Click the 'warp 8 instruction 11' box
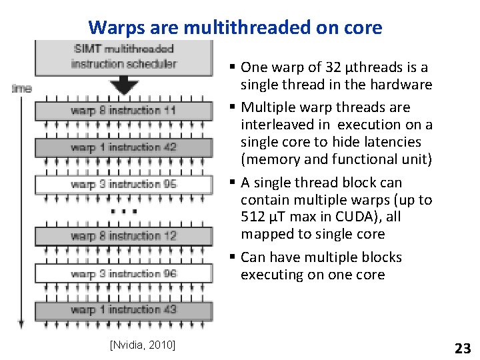point(123,110)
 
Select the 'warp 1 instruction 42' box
point(123,147)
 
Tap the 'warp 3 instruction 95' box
point(123,183)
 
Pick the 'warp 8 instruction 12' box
point(123,235)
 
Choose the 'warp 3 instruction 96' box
point(123,273)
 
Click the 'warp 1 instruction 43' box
point(123,309)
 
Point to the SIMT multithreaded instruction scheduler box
point(123,56)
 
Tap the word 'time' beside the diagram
point(21,88)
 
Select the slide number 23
point(462,347)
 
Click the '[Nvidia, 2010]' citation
point(142,344)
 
